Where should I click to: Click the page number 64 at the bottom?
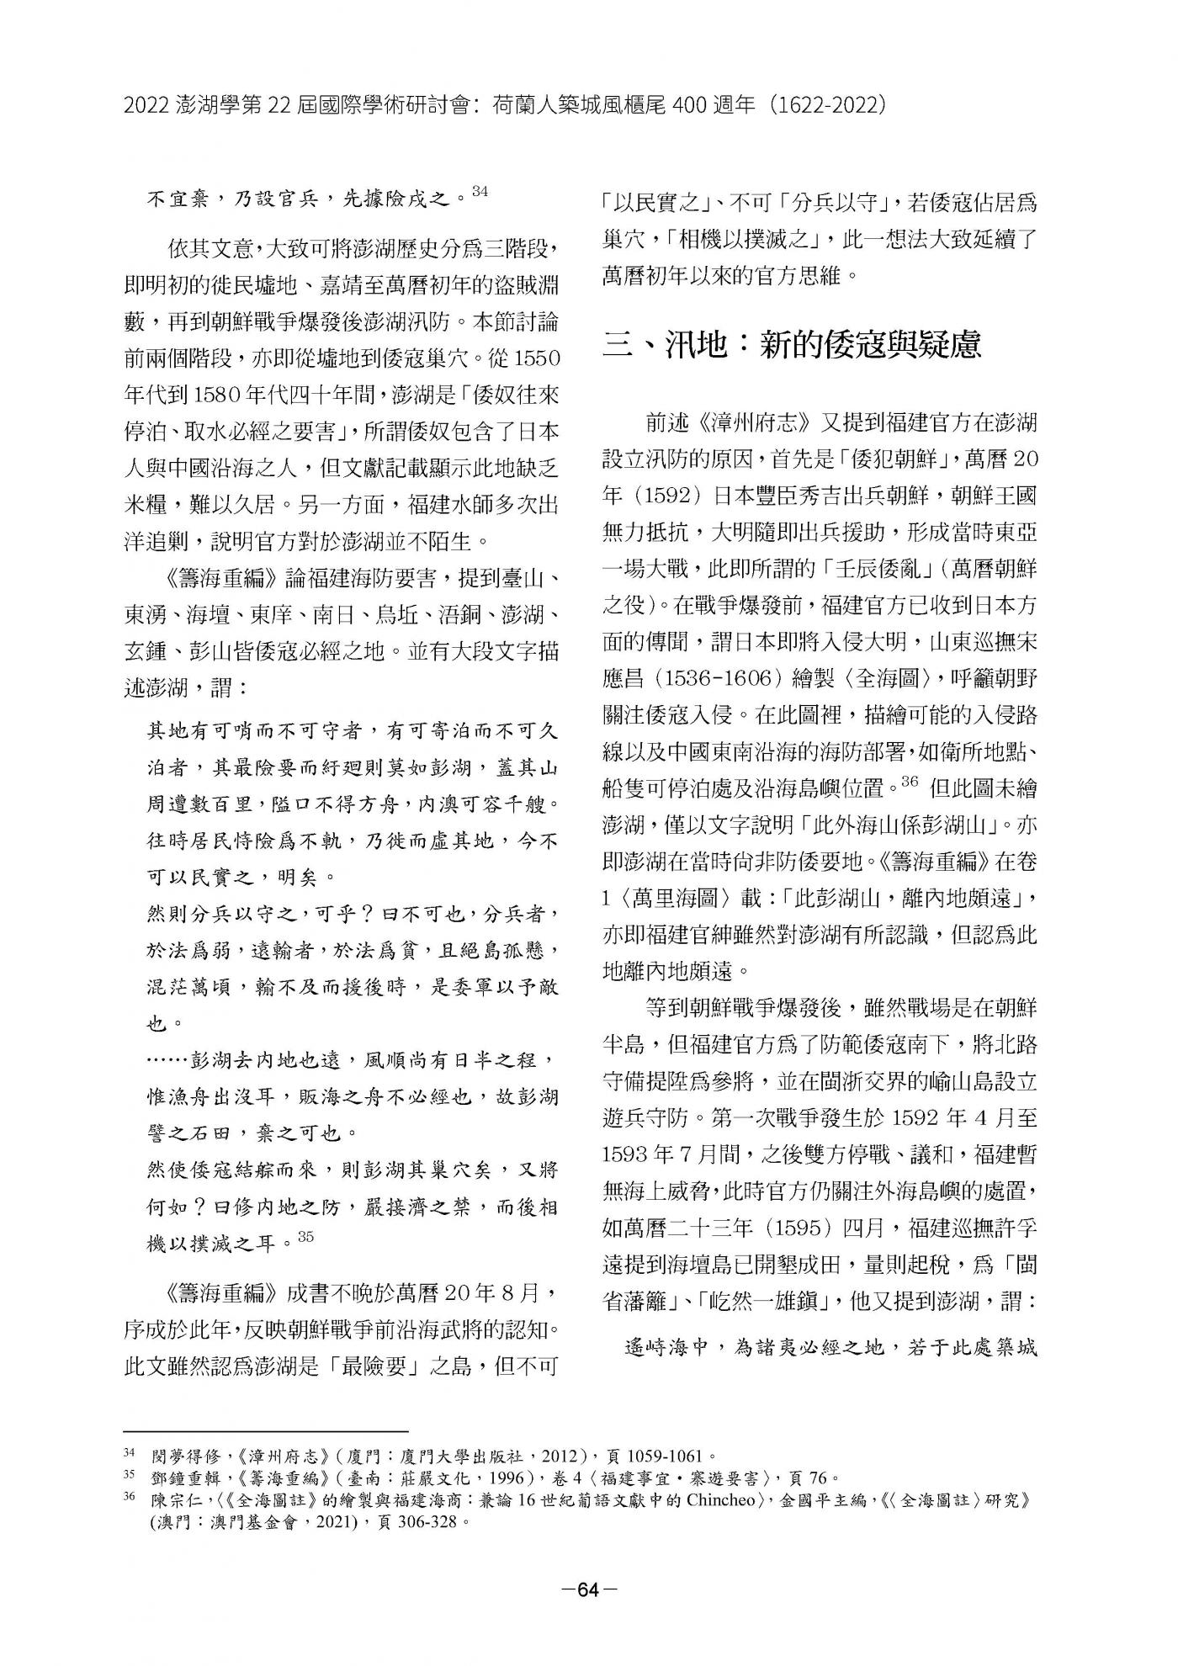(x=589, y=1589)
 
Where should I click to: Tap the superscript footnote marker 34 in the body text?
(x=480, y=193)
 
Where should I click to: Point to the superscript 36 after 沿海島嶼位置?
(x=908, y=782)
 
